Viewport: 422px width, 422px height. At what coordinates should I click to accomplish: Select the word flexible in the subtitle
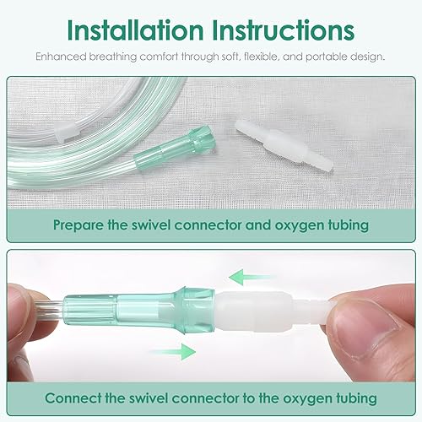[x=277, y=57]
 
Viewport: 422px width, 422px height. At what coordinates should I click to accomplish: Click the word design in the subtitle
[x=370, y=57]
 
